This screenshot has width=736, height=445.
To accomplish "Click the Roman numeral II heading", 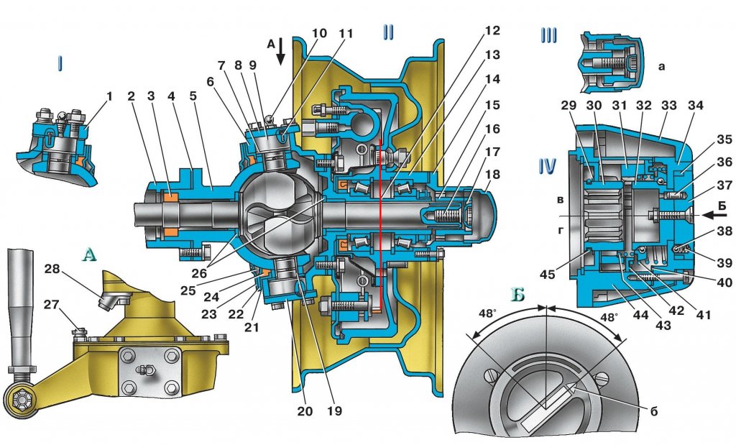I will click(x=388, y=32).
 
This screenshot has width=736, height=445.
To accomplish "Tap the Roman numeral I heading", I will click(x=60, y=65).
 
